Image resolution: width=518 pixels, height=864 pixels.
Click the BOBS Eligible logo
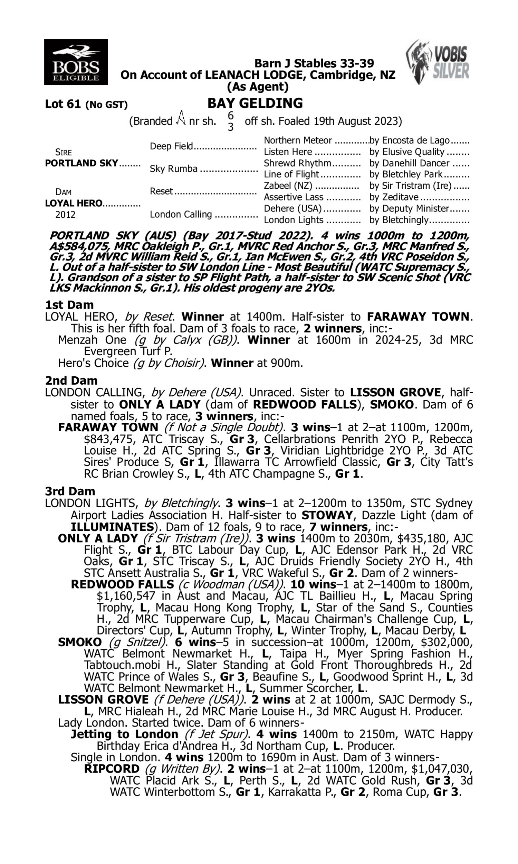pyautogui.click(x=76, y=62)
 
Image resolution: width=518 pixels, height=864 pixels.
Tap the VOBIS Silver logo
pyautogui.click(x=438, y=62)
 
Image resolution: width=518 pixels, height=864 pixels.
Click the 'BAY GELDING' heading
pyautogui.click(x=255, y=103)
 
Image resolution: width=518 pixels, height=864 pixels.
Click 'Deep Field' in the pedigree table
pyautogui.click(x=171, y=146)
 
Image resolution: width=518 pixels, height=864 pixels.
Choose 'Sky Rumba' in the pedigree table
pyautogui.click(x=173, y=169)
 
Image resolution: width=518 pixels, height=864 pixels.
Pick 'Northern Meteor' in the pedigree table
pyautogui.click(x=297, y=140)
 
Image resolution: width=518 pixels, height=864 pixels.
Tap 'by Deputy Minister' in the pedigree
pyautogui.click(x=409, y=208)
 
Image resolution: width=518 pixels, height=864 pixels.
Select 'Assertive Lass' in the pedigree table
pyautogui.click(x=294, y=197)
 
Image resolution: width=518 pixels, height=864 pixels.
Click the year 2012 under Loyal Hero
pyautogui.click(x=65, y=214)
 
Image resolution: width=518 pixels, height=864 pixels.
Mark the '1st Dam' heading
pyautogui.click(x=69, y=304)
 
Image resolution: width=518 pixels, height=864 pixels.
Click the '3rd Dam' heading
pyautogui.click(x=70, y=491)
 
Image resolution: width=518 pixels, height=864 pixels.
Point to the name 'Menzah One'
pyautogui.click(x=92, y=340)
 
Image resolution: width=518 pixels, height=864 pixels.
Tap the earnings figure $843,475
pyautogui.click(x=108, y=439)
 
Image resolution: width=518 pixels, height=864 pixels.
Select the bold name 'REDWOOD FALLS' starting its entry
pyautogui.click(x=122, y=584)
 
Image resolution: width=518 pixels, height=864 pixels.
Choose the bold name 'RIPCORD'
pyautogui.click(x=112, y=769)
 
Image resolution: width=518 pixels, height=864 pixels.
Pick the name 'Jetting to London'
pyautogui.click(x=124, y=734)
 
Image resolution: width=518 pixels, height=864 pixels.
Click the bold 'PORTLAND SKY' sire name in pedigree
pyautogui.click(x=81, y=163)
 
